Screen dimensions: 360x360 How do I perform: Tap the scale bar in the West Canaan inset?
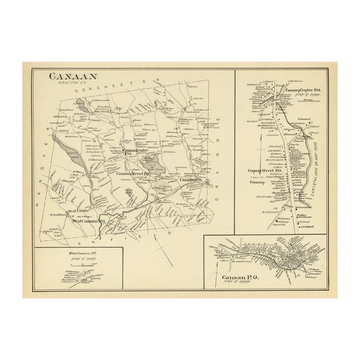(83, 265)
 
